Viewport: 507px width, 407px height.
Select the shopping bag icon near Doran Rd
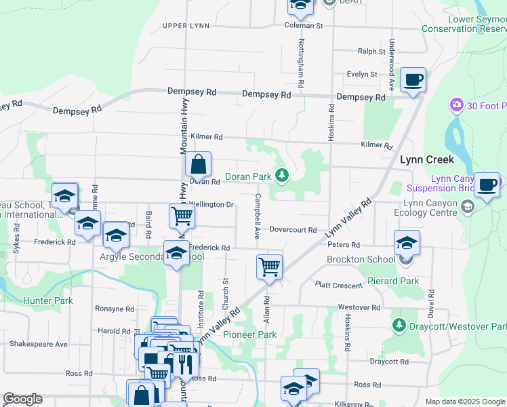[198, 164]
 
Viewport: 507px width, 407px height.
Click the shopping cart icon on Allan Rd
[269, 267]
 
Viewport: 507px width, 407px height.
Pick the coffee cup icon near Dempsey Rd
[413, 80]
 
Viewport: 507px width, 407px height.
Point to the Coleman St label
[304, 26]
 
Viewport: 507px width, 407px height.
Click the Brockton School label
[361, 259]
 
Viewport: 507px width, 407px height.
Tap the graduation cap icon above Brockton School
[407, 242]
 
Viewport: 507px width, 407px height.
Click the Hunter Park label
[43, 300]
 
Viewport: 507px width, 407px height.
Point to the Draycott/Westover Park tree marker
[400, 326]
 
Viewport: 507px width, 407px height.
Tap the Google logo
[23, 399]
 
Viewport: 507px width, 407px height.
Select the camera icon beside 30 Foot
[456, 105]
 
